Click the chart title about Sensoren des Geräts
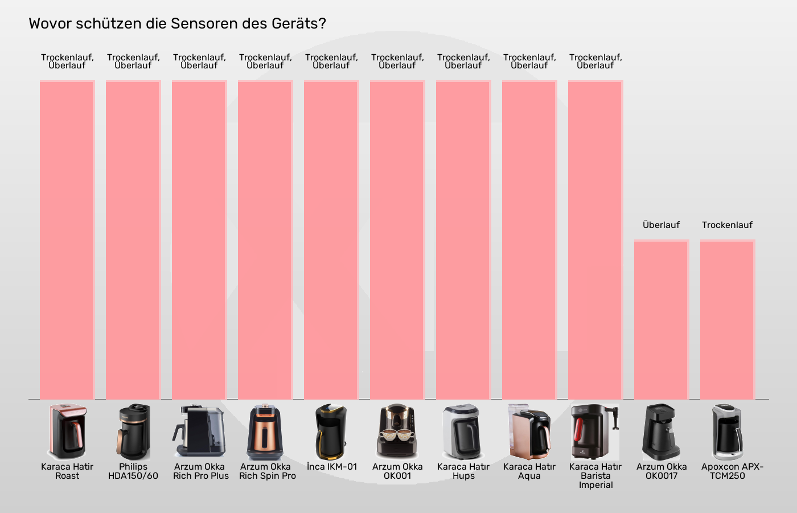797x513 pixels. pyautogui.click(x=177, y=23)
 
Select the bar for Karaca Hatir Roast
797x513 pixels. pyautogui.click(x=67, y=239)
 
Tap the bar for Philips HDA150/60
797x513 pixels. pyautogui.click(x=133, y=239)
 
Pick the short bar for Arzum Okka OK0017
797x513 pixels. pyautogui.click(x=662, y=319)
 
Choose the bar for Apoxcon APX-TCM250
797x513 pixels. pyautogui.click(x=728, y=319)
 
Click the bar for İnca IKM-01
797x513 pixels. pyautogui.click(x=331, y=239)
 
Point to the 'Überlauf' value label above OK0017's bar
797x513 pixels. pyautogui.click(x=662, y=225)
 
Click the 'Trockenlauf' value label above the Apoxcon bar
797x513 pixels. pyautogui.click(x=728, y=225)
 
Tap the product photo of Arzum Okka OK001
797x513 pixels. pyautogui.click(x=397, y=432)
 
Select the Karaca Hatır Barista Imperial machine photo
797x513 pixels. pyautogui.click(x=595, y=432)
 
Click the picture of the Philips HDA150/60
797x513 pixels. pyautogui.click(x=133, y=432)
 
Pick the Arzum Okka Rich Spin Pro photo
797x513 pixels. pyautogui.click(x=265, y=432)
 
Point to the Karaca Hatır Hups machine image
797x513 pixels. pyautogui.click(x=463, y=432)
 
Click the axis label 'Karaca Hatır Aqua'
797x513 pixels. pyautogui.click(x=529, y=471)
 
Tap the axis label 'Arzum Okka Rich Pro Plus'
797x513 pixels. pyautogui.click(x=200, y=471)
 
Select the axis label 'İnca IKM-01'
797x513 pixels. pyautogui.click(x=332, y=467)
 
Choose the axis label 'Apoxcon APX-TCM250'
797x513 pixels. pyautogui.click(x=731, y=471)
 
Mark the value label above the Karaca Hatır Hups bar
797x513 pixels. pyautogui.click(x=463, y=62)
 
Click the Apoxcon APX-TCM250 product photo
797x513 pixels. pyautogui.click(x=728, y=432)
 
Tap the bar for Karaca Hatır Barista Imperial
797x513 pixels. pyautogui.click(x=595, y=239)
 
